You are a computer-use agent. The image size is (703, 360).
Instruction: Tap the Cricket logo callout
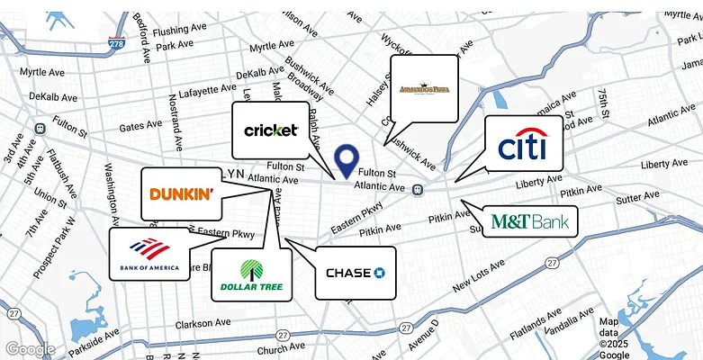tap(271, 130)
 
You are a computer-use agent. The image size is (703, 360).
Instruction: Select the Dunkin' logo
tap(181, 193)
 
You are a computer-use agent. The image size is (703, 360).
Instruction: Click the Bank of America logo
tap(149, 255)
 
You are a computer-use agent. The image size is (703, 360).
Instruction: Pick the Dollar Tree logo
tap(251, 274)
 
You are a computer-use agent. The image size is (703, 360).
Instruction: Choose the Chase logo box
tap(356, 273)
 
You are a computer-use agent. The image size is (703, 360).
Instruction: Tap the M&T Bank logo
tap(529, 221)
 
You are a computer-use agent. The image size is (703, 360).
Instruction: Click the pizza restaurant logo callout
tap(424, 88)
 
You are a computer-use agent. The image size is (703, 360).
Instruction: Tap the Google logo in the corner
tap(29, 349)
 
